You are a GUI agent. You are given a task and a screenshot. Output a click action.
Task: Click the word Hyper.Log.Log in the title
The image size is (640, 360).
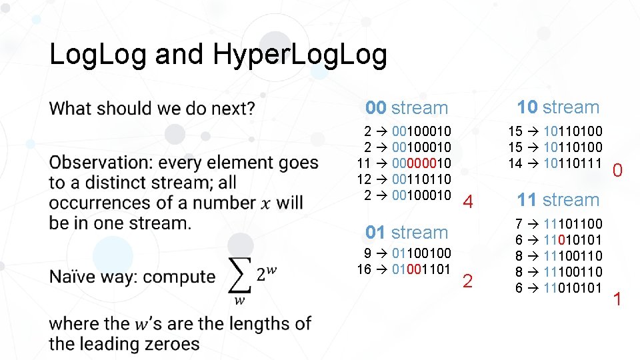(300, 55)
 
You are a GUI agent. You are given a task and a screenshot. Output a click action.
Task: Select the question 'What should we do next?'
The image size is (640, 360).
(152, 108)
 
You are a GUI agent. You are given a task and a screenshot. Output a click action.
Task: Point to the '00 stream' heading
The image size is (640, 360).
(407, 108)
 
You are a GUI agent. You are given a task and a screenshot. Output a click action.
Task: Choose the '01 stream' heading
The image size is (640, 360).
(407, 233)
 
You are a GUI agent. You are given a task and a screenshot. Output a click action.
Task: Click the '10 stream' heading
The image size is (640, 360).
(558, 107)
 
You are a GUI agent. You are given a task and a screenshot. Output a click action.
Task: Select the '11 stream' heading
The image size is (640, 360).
(558, 200)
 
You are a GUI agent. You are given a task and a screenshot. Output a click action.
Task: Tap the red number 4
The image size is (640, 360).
(469, 202)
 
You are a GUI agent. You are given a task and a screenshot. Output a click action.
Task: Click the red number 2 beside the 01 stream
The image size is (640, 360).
(467, 282)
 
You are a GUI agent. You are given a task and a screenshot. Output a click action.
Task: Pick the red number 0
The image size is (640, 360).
(618, 172)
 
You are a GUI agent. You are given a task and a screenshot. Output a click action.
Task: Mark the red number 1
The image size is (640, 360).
(617, 299)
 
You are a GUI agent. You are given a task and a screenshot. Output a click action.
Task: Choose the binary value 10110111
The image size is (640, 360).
(573, 163)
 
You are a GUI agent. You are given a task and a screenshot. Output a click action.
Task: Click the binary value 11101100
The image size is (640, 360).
(573, 224)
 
